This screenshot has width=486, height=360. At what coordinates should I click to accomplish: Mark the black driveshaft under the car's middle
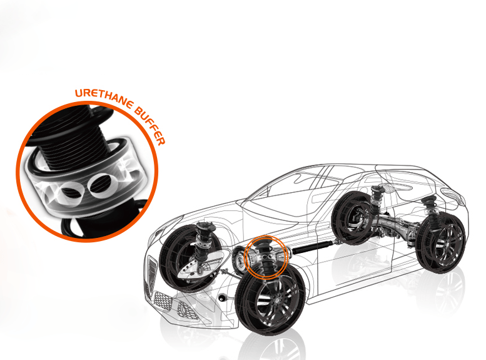pyautogui.click(x=313, y=248)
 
